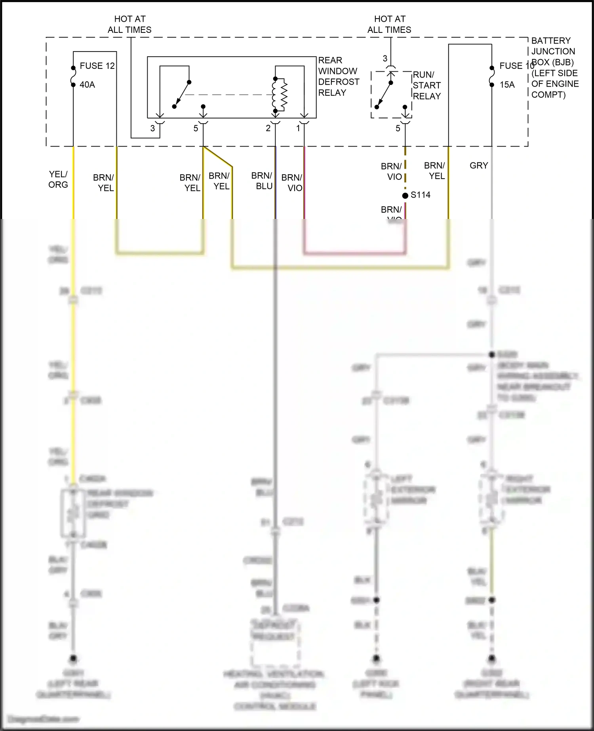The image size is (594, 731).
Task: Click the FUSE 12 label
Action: coord(97,66)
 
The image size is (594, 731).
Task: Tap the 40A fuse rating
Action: coord(87,84)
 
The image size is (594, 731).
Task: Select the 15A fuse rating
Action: coord(507,84)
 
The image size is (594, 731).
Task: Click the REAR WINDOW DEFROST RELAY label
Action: coord(339,76)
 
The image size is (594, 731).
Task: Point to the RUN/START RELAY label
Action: coord(426,86)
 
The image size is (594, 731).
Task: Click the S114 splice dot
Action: coord(405,196)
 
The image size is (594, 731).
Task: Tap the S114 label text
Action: coord(421,195)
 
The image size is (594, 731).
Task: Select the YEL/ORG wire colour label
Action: coord(58,179)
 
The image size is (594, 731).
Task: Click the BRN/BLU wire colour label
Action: coord(262,181)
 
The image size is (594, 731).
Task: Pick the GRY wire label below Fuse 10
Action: coord(479,166)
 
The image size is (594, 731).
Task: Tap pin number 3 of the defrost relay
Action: coord(152,128)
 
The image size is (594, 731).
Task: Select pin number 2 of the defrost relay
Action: coord(268,128)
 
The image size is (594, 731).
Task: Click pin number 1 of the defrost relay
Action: coord(298,128)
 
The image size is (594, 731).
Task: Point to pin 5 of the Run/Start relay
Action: coord(398,128)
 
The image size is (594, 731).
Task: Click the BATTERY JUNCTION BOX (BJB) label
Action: coord(554,68)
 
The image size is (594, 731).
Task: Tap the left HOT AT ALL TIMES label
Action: coord(129,24)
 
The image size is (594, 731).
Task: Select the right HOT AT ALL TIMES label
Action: coord(389,24)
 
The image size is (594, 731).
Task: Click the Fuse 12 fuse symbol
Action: coord(73,76)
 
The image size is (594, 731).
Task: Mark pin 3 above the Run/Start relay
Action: coord(385,59)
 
